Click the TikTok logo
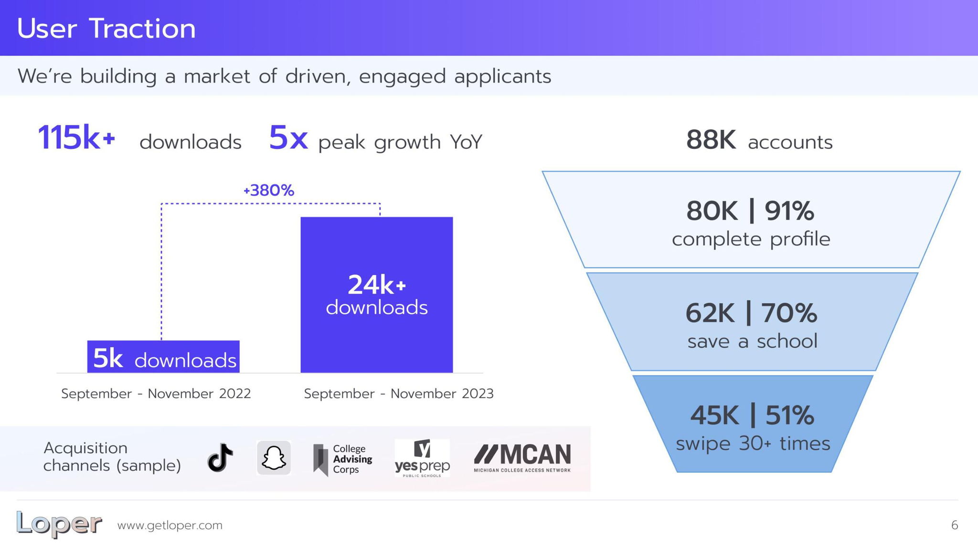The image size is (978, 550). click(220, 457)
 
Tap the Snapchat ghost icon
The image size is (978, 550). click(274, 458)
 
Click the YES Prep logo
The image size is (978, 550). click(422, 458)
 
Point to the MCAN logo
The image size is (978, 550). click(522, 458)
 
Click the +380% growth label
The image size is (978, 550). click(269, 190)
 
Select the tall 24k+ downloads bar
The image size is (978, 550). click(377, 295)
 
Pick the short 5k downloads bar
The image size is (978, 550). click(163, 357)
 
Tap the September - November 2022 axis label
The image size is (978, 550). click(156, 393)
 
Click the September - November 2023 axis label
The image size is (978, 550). click(399, 393)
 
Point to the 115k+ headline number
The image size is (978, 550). click(76, 138)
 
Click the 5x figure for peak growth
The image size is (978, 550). click(288, 137)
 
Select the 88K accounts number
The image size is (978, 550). click(711, 140)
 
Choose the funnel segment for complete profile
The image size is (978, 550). click(751, 220)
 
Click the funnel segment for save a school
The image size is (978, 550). click(752, 322)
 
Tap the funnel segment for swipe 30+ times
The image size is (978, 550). click(753, 424)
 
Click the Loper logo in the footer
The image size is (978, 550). click(59, 525)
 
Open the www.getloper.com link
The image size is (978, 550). click(170, 525)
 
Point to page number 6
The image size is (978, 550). click(955, 525)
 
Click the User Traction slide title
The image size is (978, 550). click(106, 28)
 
